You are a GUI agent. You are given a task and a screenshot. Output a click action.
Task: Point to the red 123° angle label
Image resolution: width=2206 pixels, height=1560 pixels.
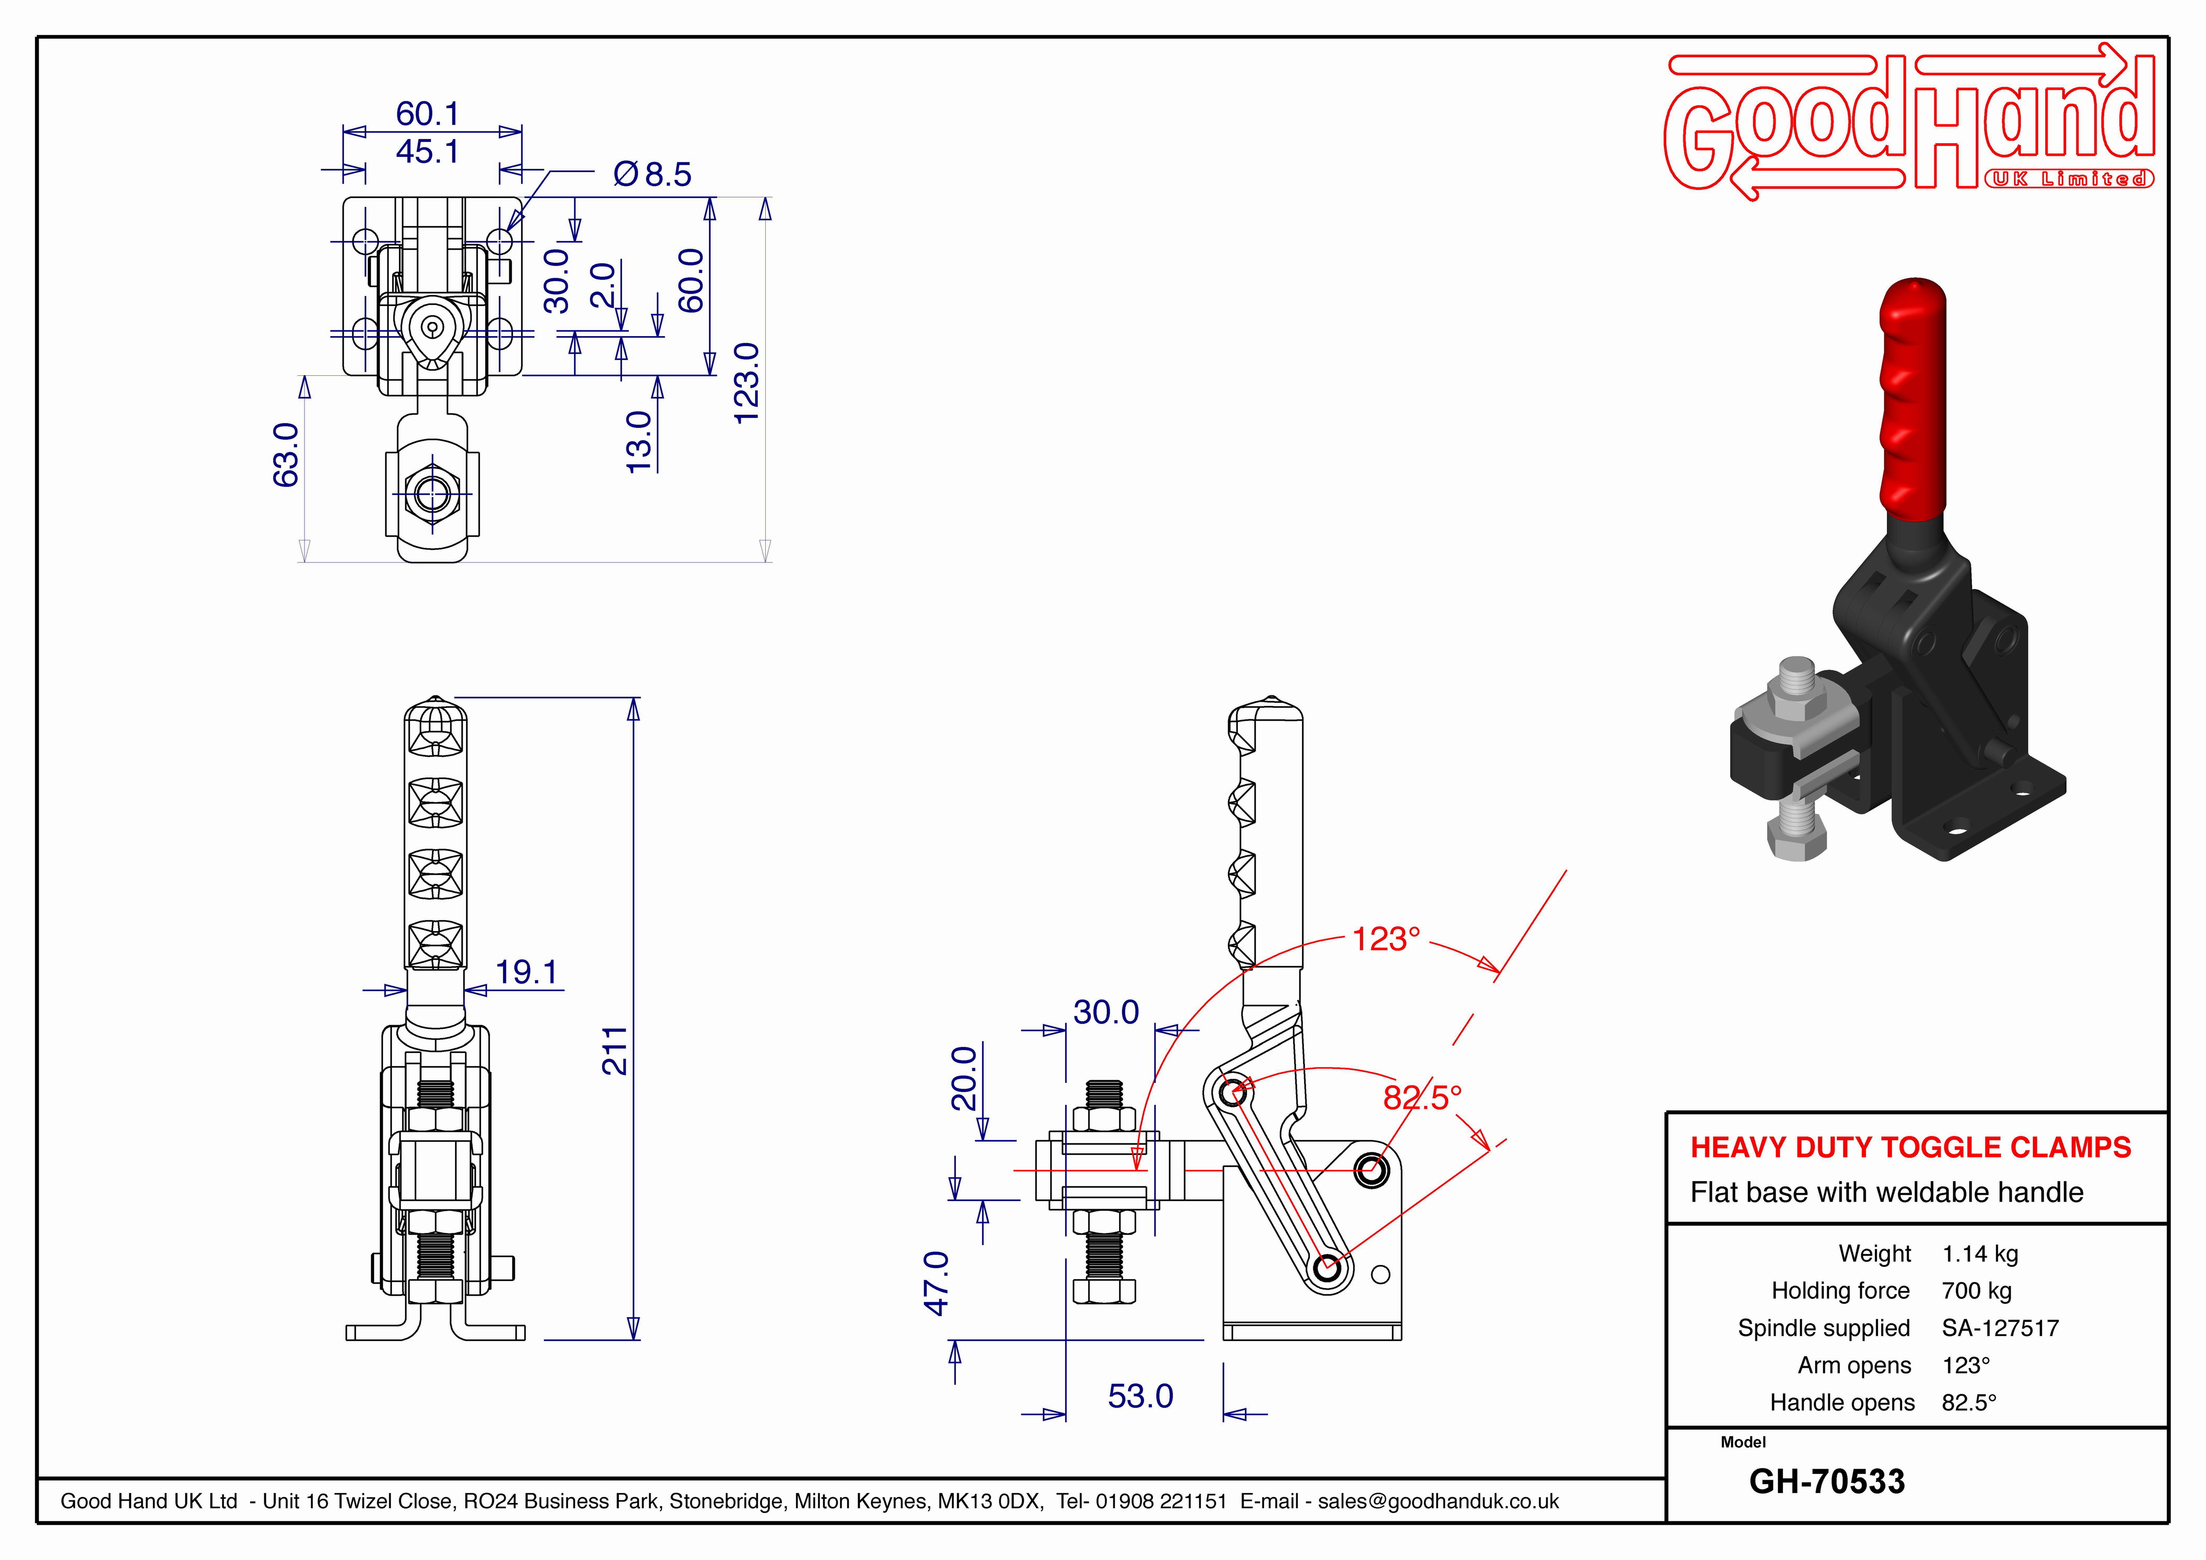click(x=1385, y=939)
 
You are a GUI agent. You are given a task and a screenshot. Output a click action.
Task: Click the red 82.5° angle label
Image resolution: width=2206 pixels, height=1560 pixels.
click(x=1422, y=1097)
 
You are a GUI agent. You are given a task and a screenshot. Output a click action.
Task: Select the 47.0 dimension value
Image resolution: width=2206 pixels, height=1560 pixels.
click(x=937, y=1283)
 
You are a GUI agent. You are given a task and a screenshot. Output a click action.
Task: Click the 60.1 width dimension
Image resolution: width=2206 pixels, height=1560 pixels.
click(x=428, y=114)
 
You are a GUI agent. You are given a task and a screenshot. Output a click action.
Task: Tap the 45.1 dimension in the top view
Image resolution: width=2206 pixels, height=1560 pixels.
click(x=428, y=152)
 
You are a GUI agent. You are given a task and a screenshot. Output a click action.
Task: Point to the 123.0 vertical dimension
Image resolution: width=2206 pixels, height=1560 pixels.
click(x=746, y=383)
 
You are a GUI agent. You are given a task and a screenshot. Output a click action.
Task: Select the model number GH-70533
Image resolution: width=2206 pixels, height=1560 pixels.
click(x=1827, y=1481)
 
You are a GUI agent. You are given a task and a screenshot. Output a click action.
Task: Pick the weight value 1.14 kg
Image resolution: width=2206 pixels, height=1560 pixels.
click(x=1979, y=1253)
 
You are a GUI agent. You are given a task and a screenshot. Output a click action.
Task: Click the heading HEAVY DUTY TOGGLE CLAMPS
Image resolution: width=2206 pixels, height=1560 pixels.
click(x=1910, y=1147)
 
